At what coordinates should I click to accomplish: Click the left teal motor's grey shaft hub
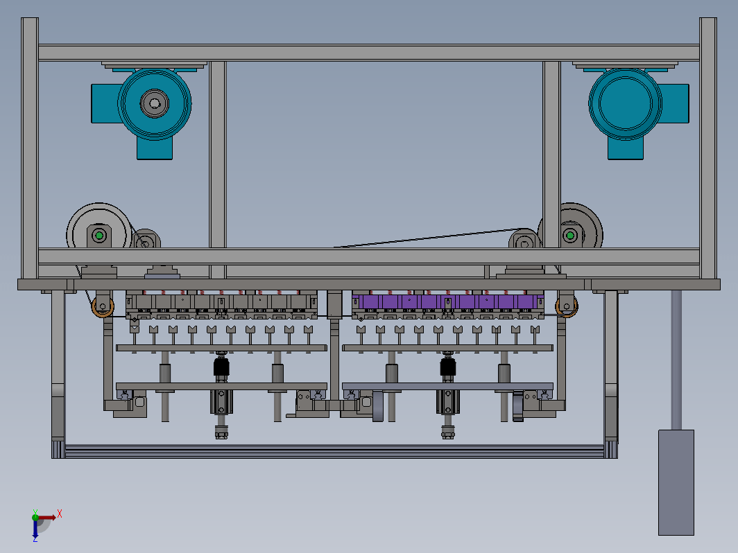155,103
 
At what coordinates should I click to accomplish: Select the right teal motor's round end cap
625,103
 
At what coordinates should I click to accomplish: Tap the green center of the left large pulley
98,235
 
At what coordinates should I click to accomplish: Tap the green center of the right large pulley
570,235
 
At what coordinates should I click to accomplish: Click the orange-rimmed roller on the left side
103,307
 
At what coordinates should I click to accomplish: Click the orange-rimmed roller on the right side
567,306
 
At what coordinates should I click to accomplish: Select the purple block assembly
447,301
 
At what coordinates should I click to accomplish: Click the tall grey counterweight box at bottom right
676,482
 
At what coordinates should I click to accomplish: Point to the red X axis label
60,513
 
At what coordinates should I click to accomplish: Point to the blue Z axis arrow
35,528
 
